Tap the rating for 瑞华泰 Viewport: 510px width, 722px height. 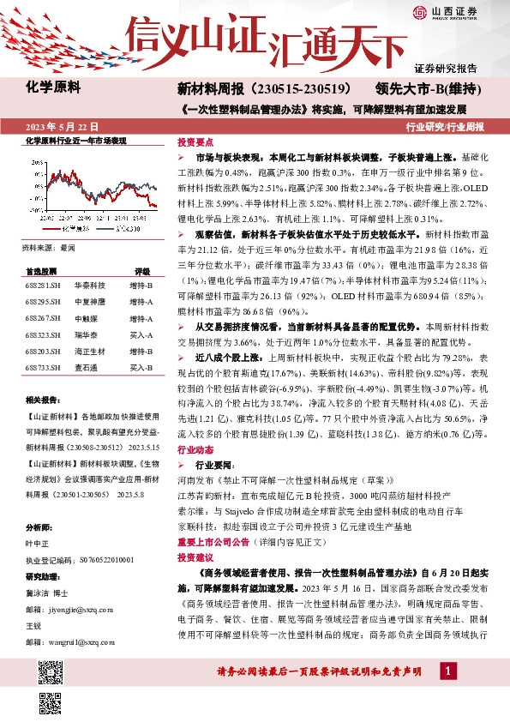click(141, 334)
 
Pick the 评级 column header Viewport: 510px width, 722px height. click(141, 270)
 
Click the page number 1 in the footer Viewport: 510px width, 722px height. click(446, 671)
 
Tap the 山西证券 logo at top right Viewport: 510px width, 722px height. click(446, 11)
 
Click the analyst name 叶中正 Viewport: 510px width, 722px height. click(38, 542)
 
